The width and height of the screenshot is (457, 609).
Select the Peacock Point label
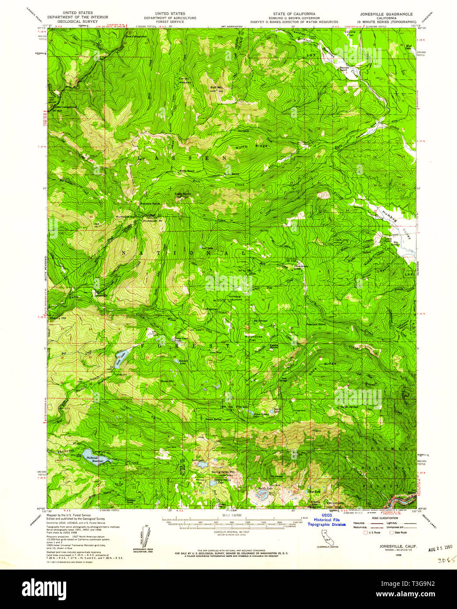tap(328, 325)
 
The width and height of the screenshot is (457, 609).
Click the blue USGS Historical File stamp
tap(326, 520)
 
